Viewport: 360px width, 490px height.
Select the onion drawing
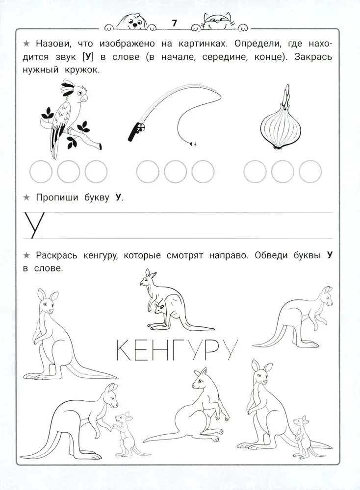(x=279, y=125)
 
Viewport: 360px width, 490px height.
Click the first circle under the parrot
(x=41, y=171)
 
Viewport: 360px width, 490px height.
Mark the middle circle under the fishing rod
(x=175, y=171)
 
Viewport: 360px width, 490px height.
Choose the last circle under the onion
(x=309, y=171)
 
